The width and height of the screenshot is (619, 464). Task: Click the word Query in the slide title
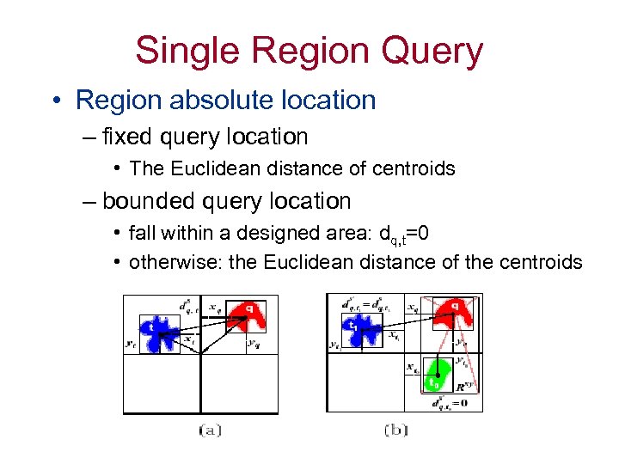tap(433, 52)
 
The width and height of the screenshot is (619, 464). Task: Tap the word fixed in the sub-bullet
tap(124, 137)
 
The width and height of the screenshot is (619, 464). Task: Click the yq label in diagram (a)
tap(253, 344)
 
